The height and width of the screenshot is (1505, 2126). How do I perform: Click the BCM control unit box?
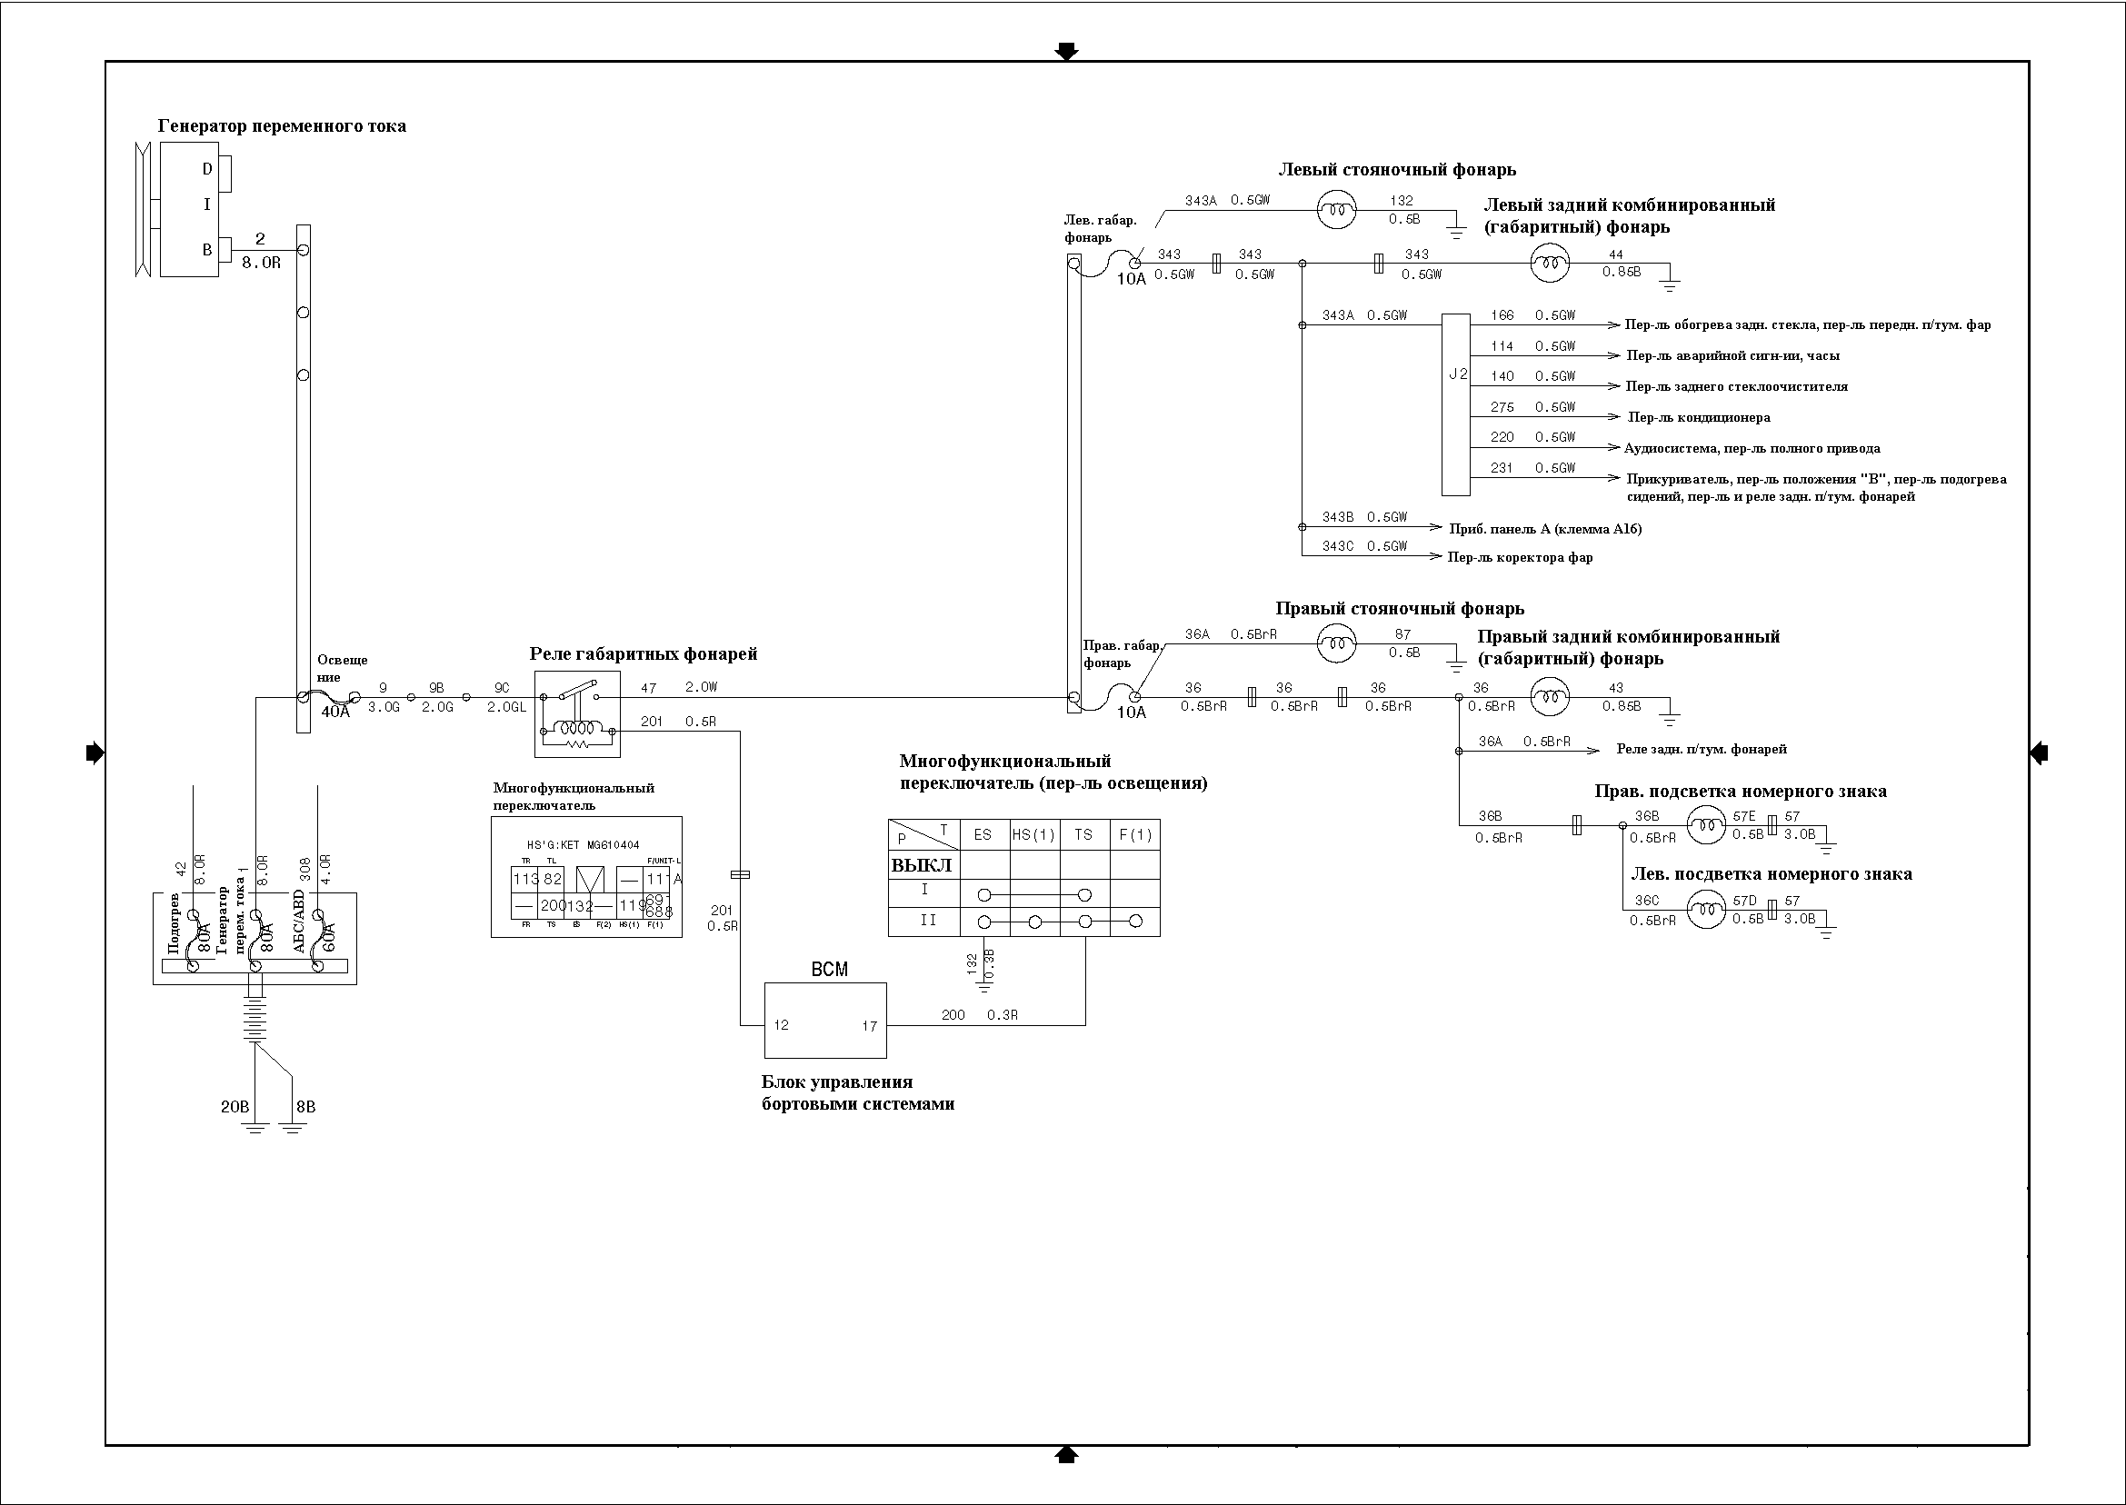(x=824, y=1020)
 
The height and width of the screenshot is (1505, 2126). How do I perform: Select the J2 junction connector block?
(x=1456, y=404)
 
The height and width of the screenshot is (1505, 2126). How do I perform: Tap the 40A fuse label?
(x=335, y=713)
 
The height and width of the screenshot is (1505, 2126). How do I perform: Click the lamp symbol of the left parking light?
(x=1336, y=210)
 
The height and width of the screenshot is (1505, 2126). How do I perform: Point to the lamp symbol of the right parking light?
(x=1336, y=644)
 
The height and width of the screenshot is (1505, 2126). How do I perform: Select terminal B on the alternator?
(x=207, y=249)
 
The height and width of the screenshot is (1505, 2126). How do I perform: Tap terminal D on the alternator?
(x=207, y=169)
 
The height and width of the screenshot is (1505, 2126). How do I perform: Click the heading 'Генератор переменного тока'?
(x=282, y=126)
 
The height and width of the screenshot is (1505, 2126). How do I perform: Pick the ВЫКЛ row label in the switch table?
(x=923, y=865)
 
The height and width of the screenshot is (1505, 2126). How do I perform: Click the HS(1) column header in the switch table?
(x=1033, y=835)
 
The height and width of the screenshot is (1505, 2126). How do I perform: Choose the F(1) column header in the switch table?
(x=1134, y=835)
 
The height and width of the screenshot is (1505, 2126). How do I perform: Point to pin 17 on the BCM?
(x=869, y=1026)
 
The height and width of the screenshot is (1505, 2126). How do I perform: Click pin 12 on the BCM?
(x=782, y=1025)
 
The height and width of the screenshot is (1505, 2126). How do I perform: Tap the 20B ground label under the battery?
(x=235, y=1107)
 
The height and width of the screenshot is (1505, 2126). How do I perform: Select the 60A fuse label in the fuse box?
(x=328, y=936)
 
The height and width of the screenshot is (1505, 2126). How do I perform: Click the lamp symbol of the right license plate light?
(x=1705, y=825)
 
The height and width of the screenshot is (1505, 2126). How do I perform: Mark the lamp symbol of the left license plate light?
(x=1705, y=908)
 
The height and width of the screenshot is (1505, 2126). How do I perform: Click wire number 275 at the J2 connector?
(x=1502, y=408)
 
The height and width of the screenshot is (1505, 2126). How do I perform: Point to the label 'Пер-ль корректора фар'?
(x=1520, y=558)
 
